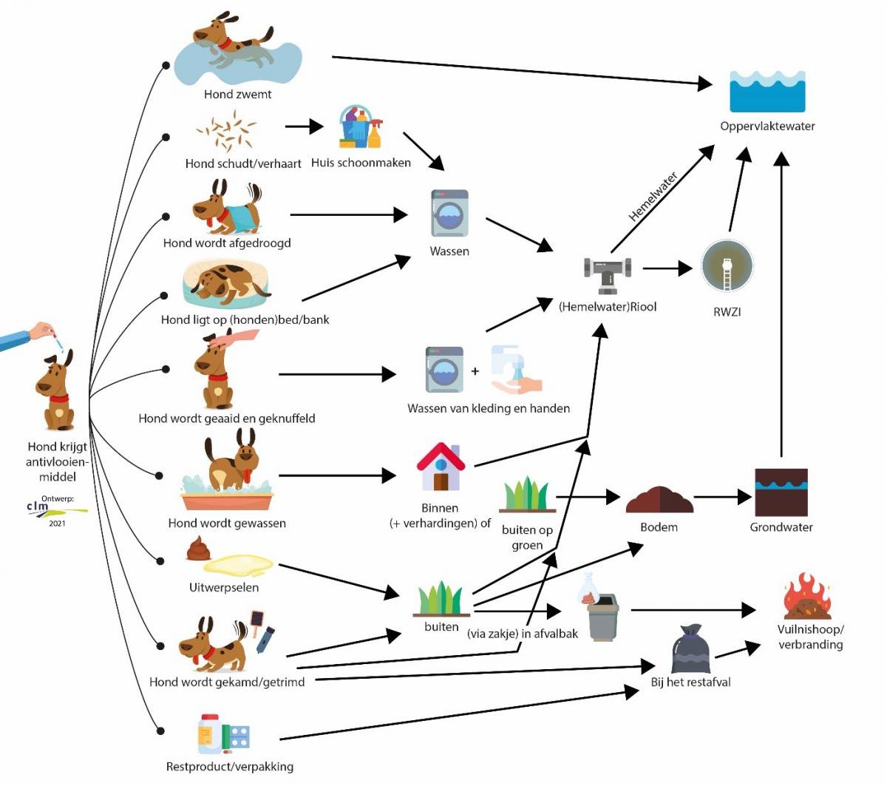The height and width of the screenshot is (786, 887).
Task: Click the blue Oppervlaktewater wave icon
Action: [x=767, y=91]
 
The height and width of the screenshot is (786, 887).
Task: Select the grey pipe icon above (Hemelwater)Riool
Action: [x=608, y=271]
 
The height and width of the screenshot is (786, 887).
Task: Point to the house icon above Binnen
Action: [x=441, y=467]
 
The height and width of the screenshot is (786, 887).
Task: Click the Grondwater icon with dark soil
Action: [x=781, y=492]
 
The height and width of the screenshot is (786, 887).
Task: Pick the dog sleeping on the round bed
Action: [x=226, y=284]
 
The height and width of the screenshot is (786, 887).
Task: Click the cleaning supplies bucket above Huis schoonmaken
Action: [x=360, y=127]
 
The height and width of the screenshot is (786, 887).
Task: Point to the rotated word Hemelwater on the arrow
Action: [x=653, y=197]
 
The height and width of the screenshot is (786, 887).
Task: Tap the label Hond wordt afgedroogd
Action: [x=227, y=243]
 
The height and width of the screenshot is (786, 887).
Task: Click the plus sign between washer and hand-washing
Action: [x=475, y=370]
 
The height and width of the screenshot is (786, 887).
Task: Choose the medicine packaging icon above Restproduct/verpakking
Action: [x=223, y=735]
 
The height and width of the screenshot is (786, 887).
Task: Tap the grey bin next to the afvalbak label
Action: [x=603, y=615]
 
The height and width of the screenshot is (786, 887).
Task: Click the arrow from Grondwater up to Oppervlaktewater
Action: [x=781, y=311]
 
